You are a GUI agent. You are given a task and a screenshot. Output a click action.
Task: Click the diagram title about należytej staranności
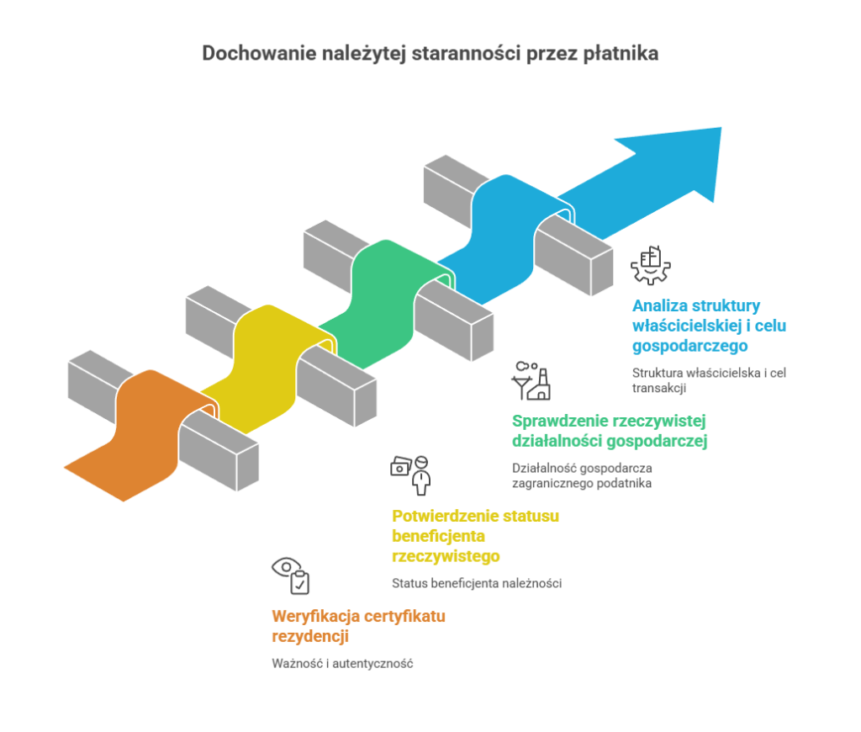430,54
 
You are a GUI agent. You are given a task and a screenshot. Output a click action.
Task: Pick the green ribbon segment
378,303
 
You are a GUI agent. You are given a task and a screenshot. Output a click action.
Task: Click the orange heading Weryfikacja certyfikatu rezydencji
358,626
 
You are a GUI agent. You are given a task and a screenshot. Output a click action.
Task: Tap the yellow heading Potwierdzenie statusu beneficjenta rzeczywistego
475,536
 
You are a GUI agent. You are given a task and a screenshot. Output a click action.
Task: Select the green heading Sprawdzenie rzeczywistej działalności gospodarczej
610,430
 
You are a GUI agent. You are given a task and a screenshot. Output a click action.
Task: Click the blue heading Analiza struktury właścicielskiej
709,325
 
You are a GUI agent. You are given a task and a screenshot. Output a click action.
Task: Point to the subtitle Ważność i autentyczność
343,663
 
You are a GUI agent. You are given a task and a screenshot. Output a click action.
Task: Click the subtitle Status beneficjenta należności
476,583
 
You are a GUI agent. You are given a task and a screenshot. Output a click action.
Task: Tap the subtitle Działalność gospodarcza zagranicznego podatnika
583,475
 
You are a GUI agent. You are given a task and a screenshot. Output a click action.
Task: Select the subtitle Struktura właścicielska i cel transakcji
708,380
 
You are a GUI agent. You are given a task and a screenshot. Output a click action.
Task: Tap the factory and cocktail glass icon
531,381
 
